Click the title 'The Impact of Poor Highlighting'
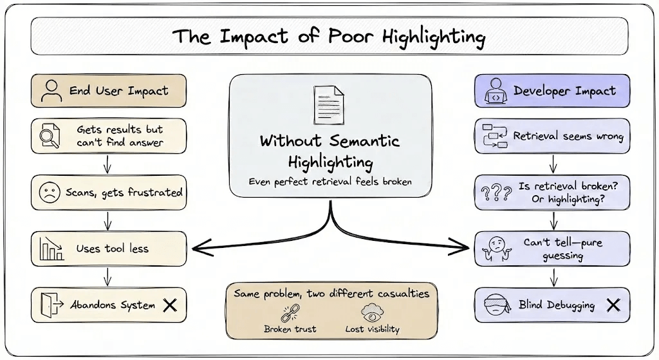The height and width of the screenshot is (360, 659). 329,36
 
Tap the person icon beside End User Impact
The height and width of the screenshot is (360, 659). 51,91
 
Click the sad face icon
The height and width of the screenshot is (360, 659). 49,193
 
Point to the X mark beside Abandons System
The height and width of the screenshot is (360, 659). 170,305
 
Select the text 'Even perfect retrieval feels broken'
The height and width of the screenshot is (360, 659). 330,182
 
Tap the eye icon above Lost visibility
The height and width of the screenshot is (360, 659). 372,313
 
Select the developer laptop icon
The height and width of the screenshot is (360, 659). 496,91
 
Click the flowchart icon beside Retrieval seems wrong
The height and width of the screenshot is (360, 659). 495,136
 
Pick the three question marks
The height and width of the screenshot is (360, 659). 496,193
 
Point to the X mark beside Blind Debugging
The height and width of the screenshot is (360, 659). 613,305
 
